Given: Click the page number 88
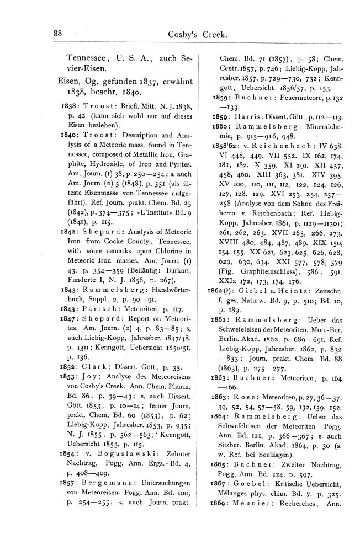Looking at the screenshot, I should pos(57,33).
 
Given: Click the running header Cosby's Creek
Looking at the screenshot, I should pos(198,34).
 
